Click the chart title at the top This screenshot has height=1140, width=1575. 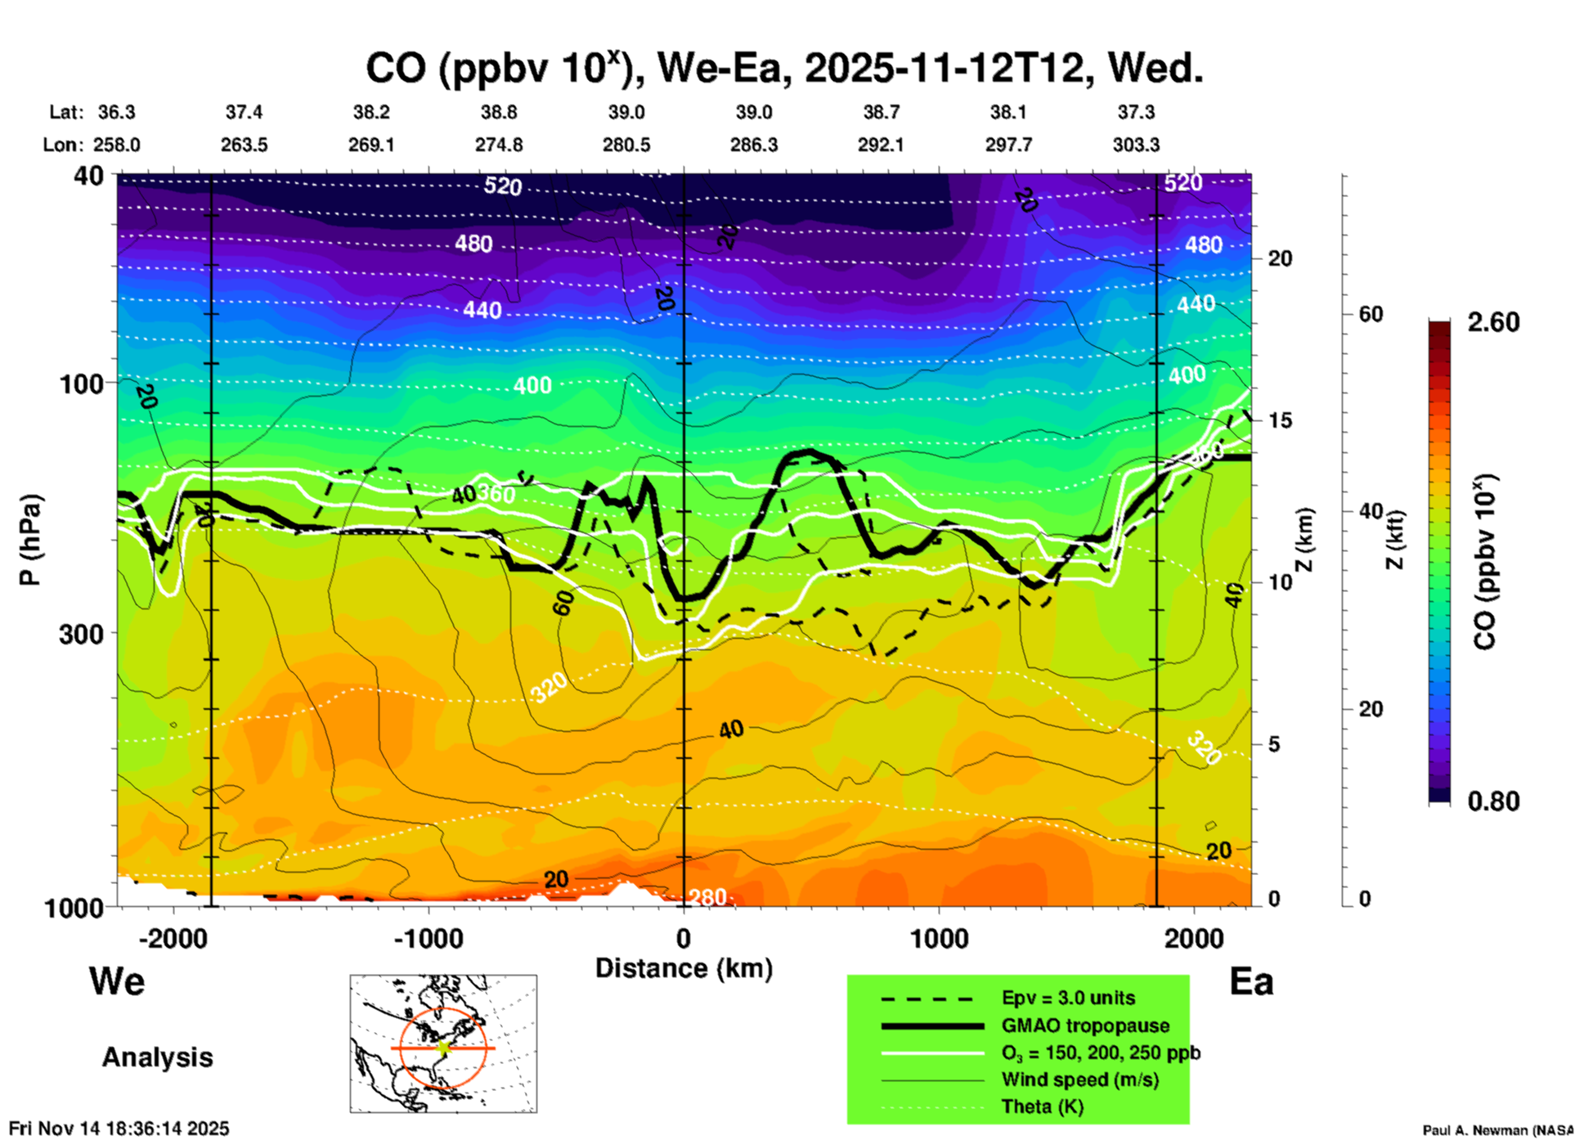(783, 69)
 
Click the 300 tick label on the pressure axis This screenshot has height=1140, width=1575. (81, 634)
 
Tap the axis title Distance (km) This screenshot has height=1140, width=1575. (684, 968)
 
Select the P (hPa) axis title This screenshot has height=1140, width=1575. (30, 540)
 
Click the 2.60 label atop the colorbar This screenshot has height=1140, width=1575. (1493, 322)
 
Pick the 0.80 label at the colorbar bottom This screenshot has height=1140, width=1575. (1493, 801)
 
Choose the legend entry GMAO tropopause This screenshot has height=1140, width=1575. (1085, 1026)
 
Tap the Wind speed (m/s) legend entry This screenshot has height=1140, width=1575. (1079, 1079)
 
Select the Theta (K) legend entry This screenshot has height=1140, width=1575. (1043, 1106)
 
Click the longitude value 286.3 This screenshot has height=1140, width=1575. (753, 145)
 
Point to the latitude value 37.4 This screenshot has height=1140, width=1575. (244, 112)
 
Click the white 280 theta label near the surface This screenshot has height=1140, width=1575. (707, 897)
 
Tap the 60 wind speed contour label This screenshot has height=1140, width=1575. (563, 604)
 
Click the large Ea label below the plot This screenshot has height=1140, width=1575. (1251, 982)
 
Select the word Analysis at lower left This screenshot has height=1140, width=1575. (157, 1057)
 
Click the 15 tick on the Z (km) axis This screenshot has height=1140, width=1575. (1280, 420)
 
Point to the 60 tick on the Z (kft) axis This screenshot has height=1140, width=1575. (1371, 314)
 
